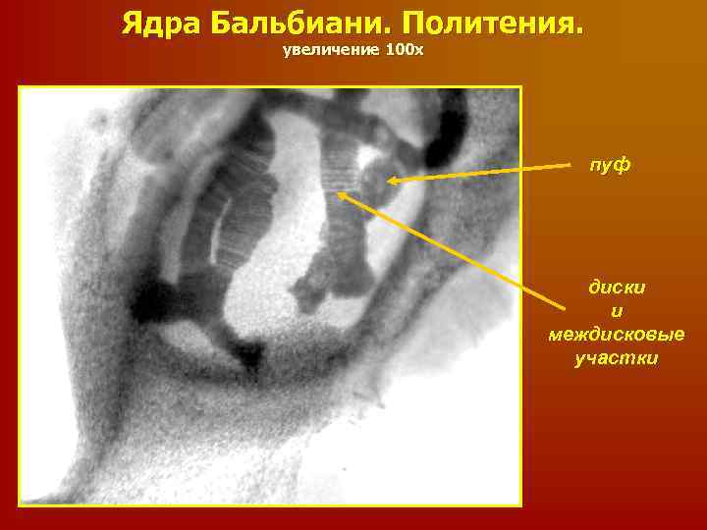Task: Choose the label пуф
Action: [x=610, y=166]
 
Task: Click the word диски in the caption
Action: [x=617, y=289]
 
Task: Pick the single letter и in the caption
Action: [x=617, y=312]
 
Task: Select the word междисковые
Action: [x=617, y=335]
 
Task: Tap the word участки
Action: [x=617, y=358]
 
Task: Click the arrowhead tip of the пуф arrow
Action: [x=388, y=181]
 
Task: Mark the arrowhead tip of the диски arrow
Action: [x=339, y=192]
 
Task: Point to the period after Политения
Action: [x=577, y=29]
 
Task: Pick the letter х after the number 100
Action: [x=419, y=50]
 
